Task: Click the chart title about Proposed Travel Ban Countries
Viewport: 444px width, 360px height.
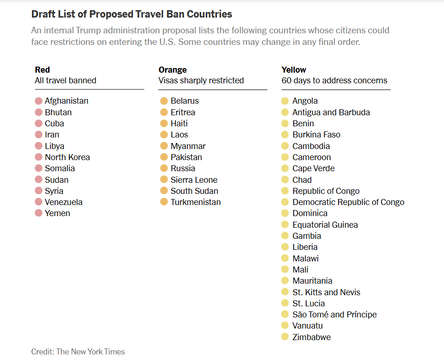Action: click(132, 14)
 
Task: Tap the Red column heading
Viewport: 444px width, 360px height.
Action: click(43, 70)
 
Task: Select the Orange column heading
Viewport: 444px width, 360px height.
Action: click(173, 70)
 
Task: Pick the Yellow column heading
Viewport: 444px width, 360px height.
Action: click(294, 70)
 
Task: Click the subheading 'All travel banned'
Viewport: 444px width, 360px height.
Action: click(65, 81)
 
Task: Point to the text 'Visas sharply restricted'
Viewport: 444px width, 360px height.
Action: click(201, 81)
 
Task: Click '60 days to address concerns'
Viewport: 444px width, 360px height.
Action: click(334, 81)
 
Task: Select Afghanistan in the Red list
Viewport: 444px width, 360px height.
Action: click(67, 101)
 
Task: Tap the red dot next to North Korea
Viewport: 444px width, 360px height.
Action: click(38, 157)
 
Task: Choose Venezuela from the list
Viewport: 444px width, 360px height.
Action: click(64, 202)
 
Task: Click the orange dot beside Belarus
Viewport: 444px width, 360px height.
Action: click(164, 101)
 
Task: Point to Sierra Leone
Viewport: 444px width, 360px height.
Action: click(194, 180)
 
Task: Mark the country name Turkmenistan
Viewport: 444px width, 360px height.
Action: click(196, 202)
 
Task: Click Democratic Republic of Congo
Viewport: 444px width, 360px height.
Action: click(348, 202)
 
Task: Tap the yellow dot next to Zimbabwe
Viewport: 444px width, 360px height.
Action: click(285, 337)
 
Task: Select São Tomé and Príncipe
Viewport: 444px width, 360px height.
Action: click(334, 315)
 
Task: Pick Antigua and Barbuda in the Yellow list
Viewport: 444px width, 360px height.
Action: click(331, 112)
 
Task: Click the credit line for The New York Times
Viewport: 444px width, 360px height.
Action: click(78, 352)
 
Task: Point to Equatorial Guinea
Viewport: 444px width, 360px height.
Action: click(325, 225)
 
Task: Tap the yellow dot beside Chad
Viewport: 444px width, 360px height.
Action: click(285, 180)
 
